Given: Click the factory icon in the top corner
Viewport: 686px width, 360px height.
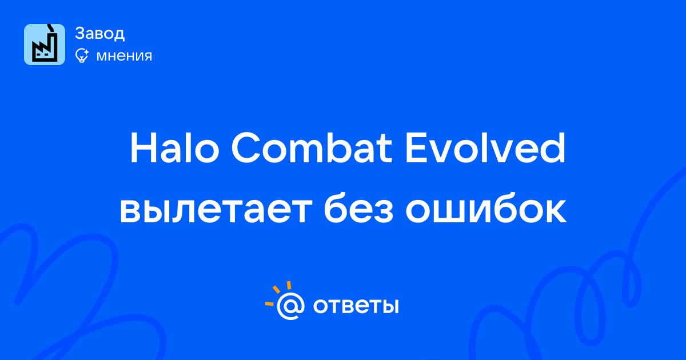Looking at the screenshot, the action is [45, 45].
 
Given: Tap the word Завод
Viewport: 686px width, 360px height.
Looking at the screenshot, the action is [100, 33].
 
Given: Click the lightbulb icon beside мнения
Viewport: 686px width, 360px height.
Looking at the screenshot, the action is [82, 56].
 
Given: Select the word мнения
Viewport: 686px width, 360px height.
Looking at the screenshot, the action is [124, 56].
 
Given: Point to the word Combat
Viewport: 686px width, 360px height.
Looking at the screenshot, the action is [312, 148].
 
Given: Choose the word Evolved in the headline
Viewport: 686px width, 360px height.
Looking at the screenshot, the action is [485, 148].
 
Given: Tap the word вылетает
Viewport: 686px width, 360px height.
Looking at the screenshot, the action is [216, 211].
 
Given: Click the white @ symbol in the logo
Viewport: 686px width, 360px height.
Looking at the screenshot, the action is [290, 306].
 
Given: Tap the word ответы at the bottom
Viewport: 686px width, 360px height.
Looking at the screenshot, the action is [356, 306].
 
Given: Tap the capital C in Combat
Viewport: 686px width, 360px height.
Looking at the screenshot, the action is [246, 148].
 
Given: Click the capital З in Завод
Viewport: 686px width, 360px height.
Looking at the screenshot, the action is [79, 33].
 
